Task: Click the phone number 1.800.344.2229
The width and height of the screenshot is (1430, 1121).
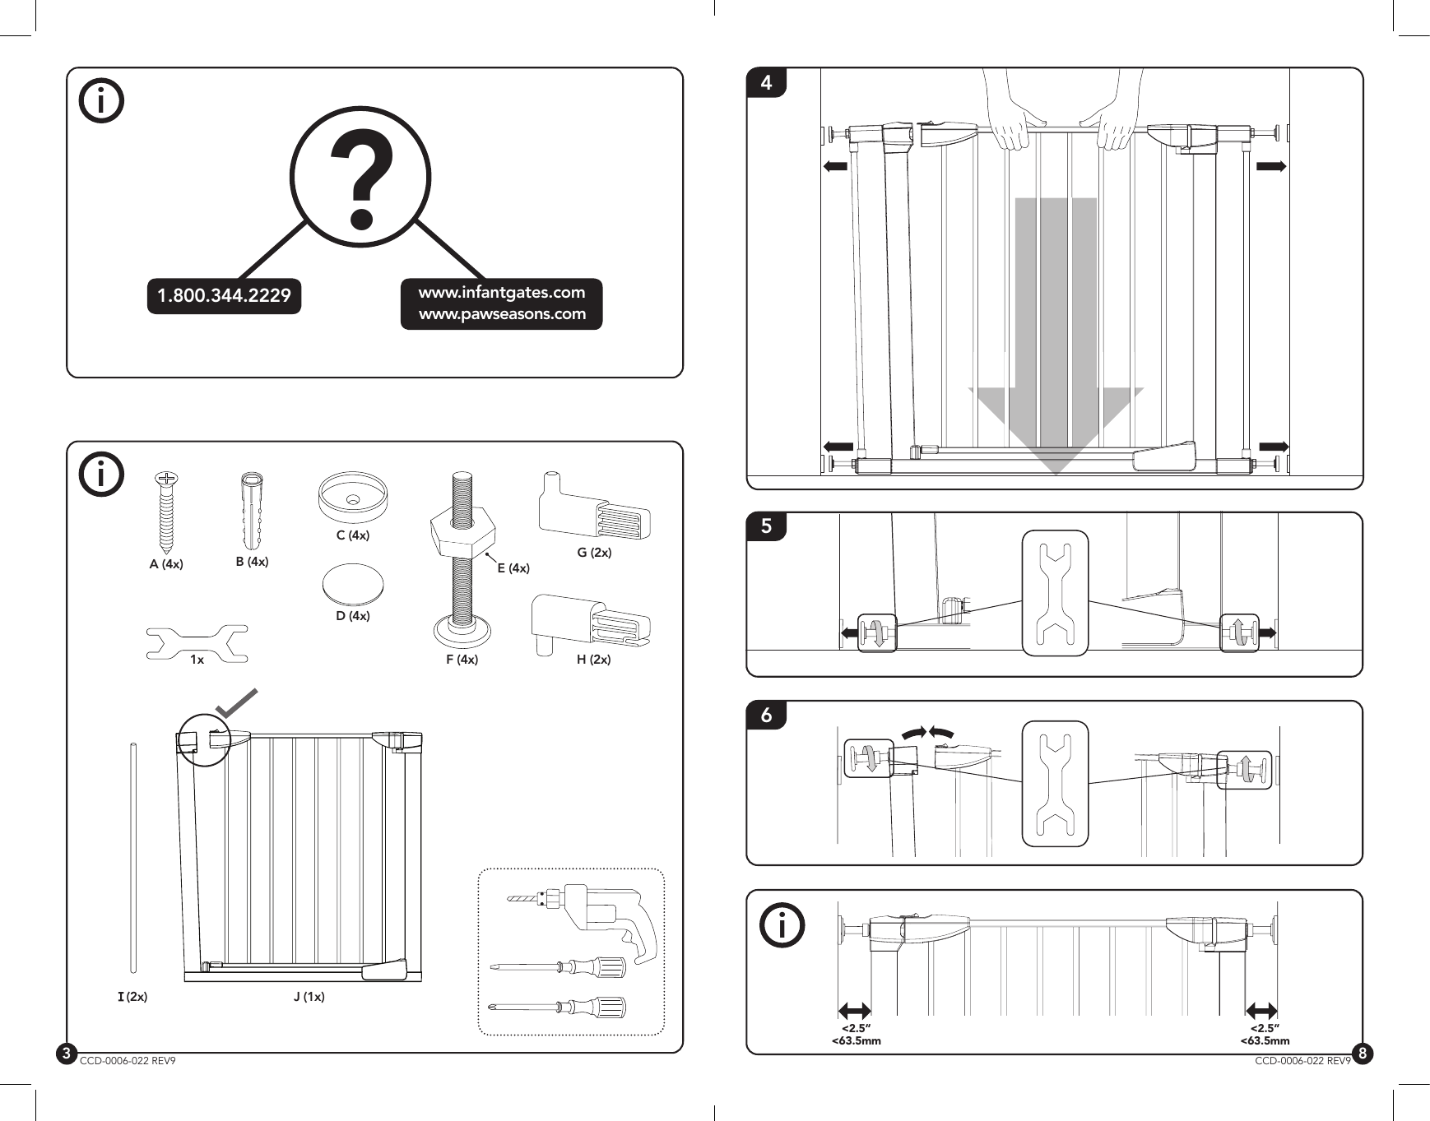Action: (224, 296)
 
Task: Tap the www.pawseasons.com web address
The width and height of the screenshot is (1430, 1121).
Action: (502, 314)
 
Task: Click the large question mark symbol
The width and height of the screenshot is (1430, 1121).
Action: (360, 183)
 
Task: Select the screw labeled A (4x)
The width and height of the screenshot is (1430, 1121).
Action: (168, 510)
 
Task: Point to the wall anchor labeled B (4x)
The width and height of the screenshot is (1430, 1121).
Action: (252, 510)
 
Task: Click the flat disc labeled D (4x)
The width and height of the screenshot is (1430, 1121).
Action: (353, 583)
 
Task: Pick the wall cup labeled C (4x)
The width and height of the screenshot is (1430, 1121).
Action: (352, 498)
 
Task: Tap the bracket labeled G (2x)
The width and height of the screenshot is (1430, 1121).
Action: (594, 508)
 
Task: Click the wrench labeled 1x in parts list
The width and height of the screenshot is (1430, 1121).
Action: (197, 643)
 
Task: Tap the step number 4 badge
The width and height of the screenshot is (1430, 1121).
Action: (767, 82)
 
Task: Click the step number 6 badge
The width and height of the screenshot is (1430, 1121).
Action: (767, 715)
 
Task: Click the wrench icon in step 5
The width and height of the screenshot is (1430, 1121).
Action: (1055, 593)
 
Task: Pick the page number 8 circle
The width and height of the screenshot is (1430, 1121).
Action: (1363, 1053)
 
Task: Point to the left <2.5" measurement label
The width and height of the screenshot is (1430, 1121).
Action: (856, 1029)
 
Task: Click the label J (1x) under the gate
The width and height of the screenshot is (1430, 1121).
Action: (309, 997)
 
